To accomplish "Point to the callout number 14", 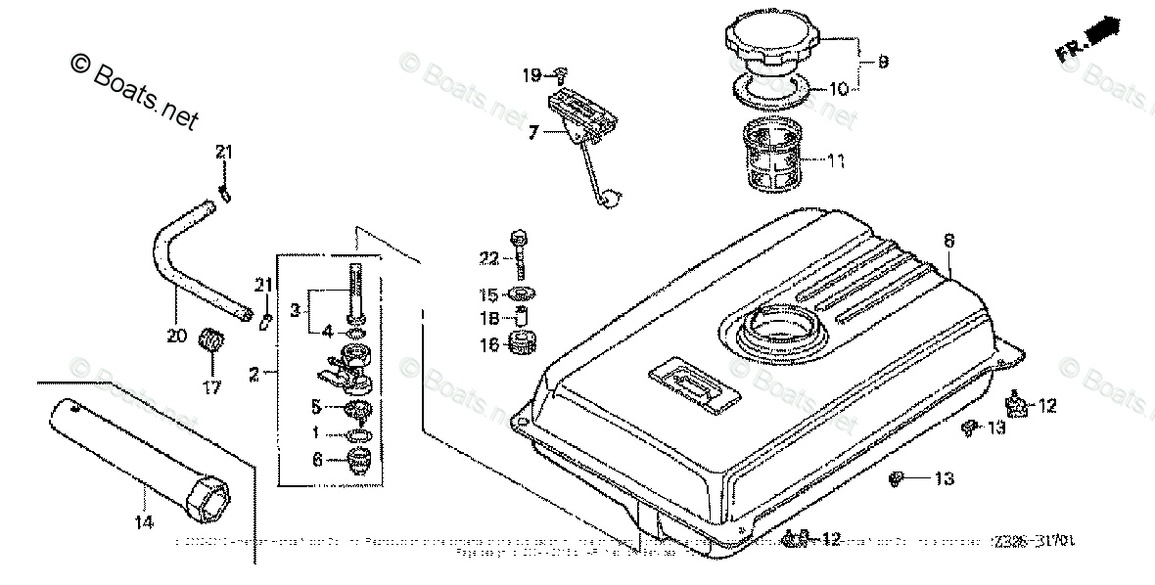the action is pos(144,523).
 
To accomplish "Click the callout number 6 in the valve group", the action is pos(316,460).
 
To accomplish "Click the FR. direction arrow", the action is pos(1086,41).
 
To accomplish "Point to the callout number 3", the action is pos(295,309).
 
